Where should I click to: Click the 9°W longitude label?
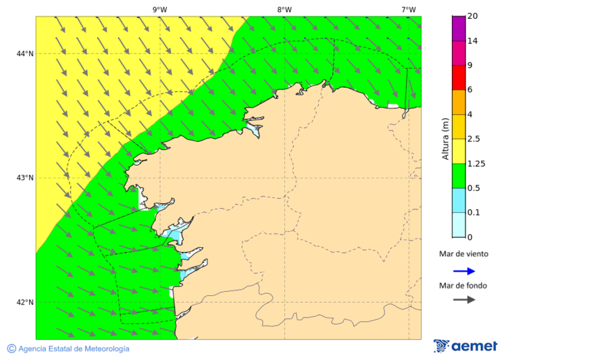[x=160, y=9]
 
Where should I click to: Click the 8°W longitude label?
[x=284, y=9]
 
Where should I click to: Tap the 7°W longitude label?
[x=409, y=9]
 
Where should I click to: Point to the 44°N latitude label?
[x=25, y=53]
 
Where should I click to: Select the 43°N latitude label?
[x=25, y=178]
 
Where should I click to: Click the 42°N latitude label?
[x=25, y=302]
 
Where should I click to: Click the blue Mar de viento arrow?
[x=463, y=271]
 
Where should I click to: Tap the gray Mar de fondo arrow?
[x=463, y=300]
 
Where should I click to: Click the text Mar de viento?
[x=463, y=254]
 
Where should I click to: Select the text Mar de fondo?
[x=463, y=285]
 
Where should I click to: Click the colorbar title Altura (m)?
[x=445, y=138]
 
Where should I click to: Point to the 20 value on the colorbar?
[x=473, y=16]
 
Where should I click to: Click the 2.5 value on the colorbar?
[x=474, y=139]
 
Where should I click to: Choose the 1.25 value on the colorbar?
[x=476, y=163]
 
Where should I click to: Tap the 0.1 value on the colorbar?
[x=474, y=213]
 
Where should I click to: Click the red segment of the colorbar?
[x=459, y=78]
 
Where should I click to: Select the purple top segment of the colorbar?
[x=459, y=28]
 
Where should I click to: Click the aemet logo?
[x=465, y=346]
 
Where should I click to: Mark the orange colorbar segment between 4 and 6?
[x=459, y=102]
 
